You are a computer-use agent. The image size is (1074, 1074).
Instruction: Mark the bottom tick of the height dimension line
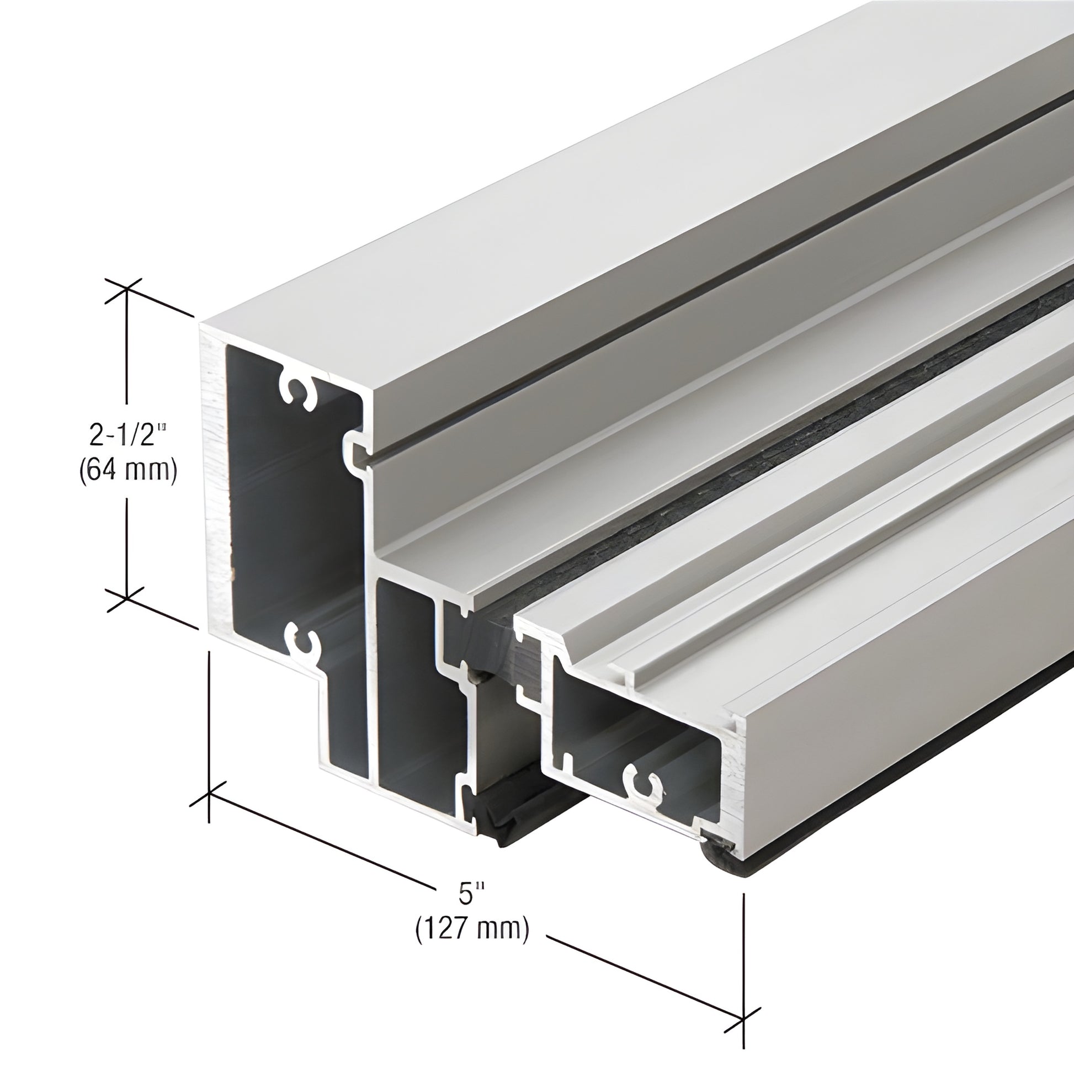tap(127, 598)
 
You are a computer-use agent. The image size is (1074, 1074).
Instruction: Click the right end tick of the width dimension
tap(744, 1019)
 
